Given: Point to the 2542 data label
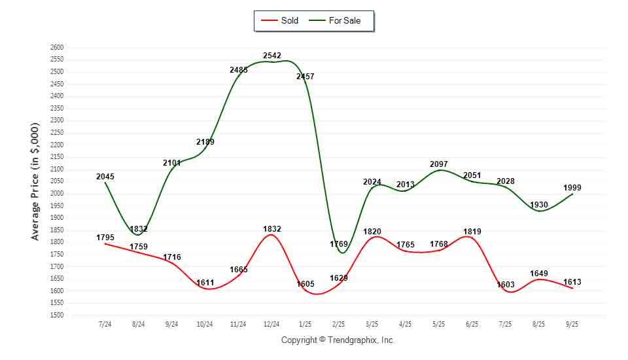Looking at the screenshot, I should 272,56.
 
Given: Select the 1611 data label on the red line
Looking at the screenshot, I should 205,283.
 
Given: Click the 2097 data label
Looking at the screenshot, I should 440,163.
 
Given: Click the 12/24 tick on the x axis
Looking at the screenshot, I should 271,324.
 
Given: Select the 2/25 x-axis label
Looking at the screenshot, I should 338,324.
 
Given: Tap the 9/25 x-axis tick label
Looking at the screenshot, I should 572,324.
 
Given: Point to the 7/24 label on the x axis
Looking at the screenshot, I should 105,324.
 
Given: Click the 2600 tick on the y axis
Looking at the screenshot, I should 56,48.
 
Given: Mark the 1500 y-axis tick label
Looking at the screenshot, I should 56,315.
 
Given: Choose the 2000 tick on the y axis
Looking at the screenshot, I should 56,194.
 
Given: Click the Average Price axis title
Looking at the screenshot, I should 35,181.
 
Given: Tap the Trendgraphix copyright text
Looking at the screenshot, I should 338,340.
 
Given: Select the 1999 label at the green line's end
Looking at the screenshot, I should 572,188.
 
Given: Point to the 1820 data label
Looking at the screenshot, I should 372,231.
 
